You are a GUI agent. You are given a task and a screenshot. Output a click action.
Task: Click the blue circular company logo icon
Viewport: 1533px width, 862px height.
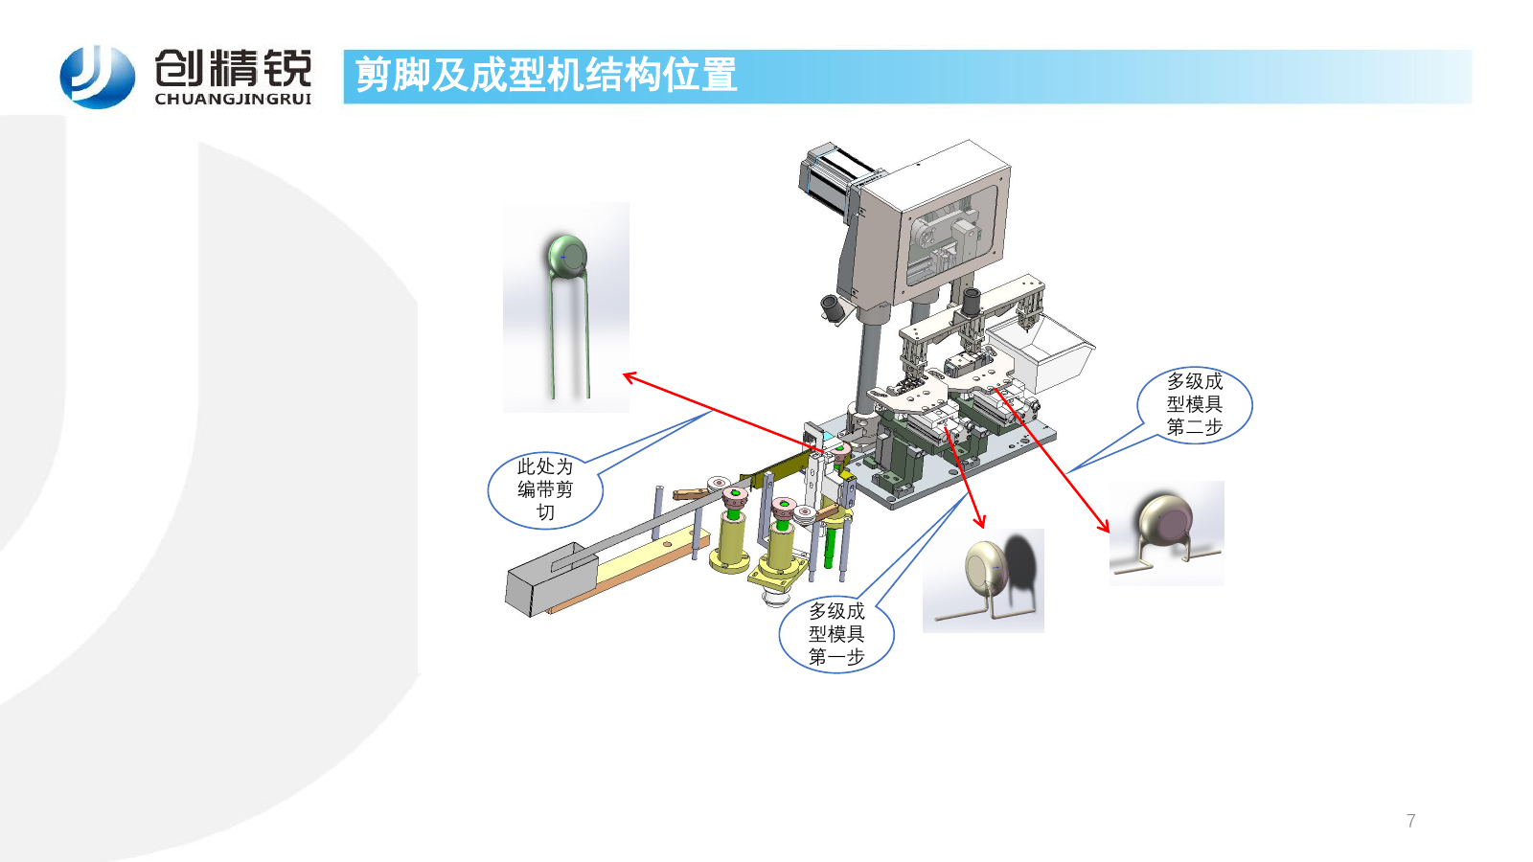[x=97, y=77]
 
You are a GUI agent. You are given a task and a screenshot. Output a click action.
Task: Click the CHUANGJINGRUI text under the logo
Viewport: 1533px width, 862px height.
[x=234, y=100]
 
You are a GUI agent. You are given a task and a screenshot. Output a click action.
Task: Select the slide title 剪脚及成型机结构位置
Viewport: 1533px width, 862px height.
[x=546, y=75]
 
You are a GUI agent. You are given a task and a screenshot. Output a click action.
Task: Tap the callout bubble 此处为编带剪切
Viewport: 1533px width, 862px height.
[x=545, y=489]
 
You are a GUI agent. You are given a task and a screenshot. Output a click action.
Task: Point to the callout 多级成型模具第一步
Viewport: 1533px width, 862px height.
[x=836, y=634]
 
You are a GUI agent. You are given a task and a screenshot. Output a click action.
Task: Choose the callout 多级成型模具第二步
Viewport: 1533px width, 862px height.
[x=1194, y=404]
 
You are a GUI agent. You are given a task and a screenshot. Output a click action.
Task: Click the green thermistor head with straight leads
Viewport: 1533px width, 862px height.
[x=566, y=256]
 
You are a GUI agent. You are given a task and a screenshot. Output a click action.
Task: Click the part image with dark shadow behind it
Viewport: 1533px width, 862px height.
[x=983, y=580]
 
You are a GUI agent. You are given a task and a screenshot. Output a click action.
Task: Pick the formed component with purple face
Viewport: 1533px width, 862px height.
[x=1167, y=533]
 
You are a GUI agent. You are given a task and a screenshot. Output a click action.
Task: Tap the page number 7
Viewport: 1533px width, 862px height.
[x=1410, y=821]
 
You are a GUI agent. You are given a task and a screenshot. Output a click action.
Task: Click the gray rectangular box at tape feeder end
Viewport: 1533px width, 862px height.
[x=552, y=578]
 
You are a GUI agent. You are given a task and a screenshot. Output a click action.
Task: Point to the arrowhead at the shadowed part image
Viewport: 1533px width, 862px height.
[x=981, y=523]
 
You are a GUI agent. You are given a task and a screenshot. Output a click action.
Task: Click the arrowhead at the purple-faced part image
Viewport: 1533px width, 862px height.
[x=1105, y=527]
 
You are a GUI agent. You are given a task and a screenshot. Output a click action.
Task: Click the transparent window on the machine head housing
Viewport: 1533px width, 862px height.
[x=951, y=236]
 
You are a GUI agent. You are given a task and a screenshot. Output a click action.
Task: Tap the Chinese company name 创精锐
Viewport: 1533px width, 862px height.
[x=234, y=67]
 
